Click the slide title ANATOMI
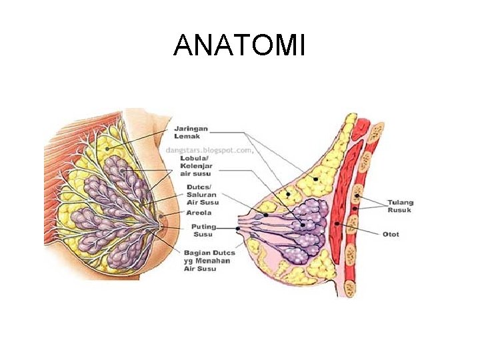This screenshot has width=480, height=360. (x=239, y=46)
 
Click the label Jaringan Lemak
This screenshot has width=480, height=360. (x=191, y=132)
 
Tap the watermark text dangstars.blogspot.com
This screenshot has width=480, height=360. (x=209, y=150)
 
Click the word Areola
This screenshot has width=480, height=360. (x=199, y=213)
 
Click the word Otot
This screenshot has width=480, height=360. (x=391, y=234)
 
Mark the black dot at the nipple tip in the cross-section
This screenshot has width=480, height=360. (x=238, y=228)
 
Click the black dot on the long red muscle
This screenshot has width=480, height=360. (x=339, y=225)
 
